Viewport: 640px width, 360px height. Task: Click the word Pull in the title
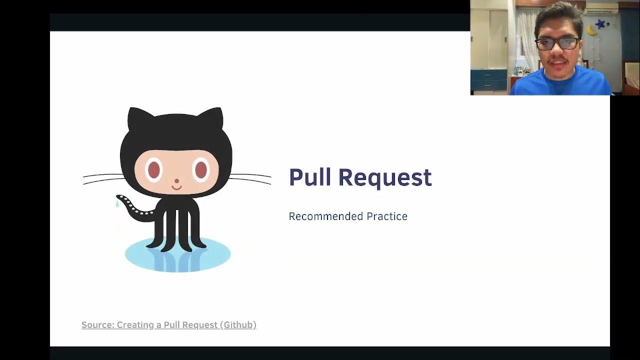coord(309,177)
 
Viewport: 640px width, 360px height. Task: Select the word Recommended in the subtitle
coord(325,216)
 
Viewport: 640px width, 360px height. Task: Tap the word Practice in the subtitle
coord(387,216)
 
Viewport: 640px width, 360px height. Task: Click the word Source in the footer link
coord(97,325)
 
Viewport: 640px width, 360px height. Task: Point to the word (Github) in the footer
coord(238,325)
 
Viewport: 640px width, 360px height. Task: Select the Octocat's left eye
coord(154,170)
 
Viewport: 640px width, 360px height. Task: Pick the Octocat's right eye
coord(200,170)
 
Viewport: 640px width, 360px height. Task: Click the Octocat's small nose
coord(176,180)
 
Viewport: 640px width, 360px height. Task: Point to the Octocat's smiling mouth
coord(176,187)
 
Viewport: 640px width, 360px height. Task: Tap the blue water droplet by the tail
coord(117,204)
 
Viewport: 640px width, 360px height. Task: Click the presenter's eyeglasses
coord(557,43)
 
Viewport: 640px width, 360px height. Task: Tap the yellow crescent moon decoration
coord(592,31)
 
